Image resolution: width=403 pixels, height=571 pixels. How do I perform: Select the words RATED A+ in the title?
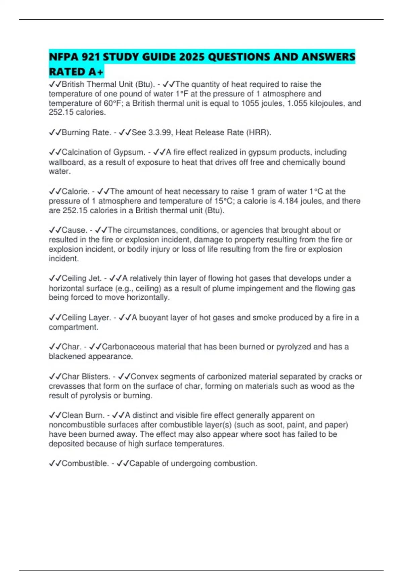point(76,72)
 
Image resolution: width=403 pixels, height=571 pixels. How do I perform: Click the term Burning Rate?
point(86,133)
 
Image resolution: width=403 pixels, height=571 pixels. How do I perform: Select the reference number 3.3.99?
point(160,133)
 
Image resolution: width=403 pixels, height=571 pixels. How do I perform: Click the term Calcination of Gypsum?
point(103,152)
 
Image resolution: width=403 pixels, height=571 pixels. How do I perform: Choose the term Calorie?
point(75,191)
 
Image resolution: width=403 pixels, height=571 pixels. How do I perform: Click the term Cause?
point(74,230)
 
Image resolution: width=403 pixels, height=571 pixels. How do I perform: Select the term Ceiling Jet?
point(81,278)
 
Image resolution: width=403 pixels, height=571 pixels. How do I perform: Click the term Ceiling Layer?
point(86,318)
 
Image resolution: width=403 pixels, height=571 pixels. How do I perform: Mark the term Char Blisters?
point(86,377)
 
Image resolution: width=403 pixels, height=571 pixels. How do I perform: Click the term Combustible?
point(85,464)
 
